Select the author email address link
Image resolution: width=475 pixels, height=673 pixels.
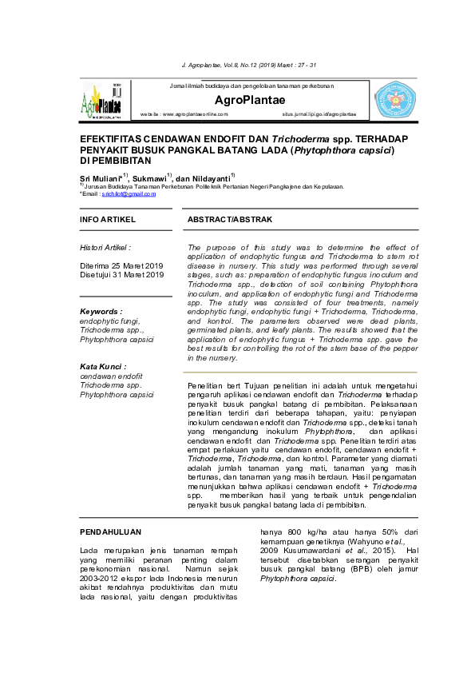(134, 193)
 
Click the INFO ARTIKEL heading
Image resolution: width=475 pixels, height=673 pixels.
(108, 219)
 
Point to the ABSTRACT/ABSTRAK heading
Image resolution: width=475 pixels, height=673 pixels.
(230, 219)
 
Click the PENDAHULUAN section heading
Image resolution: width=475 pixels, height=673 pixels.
(112, 531)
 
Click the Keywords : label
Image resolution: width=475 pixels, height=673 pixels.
(101, 311)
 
